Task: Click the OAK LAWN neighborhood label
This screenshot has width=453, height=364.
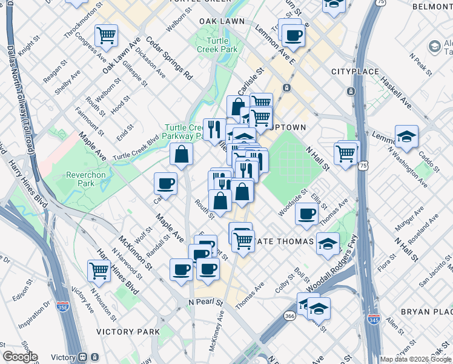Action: [222, 21]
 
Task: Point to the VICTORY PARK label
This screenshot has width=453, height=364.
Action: [128, 332]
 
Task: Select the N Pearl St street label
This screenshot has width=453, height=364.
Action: [207, 302]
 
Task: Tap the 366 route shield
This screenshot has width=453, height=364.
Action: [289, 315]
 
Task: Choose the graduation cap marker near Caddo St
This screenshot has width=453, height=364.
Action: [406, 136]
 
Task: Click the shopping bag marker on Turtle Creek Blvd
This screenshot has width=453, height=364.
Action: [182, 154]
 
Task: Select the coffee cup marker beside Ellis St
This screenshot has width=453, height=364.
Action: [307, 213]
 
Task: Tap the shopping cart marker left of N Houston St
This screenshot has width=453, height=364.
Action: [99, 270]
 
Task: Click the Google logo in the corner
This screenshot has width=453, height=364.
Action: [19, 357]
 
